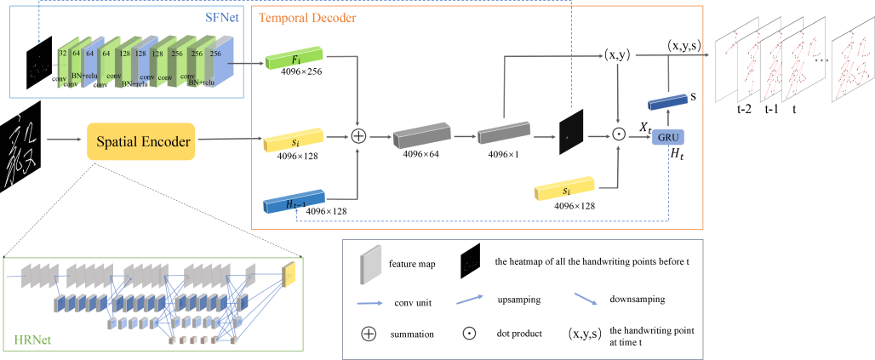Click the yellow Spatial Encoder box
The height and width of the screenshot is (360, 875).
pyautogui.click(x=140, y=141)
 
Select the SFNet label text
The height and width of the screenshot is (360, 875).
pyautogui.click(x=223, y=16)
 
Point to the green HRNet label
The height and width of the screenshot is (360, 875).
pyautogui.click(x=32, y=340)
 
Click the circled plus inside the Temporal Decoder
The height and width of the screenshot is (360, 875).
pyautogui.click(x=359, y=136)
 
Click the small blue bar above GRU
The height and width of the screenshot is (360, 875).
pyautogui.click(x=667, y=101)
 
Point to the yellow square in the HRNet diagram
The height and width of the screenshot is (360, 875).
pyautogui.click(x=288, y=272)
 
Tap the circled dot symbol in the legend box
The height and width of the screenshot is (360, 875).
pyautogui.click(x=468, y=334)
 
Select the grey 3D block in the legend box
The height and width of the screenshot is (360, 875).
pyautogui.click(x=371, y=265)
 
